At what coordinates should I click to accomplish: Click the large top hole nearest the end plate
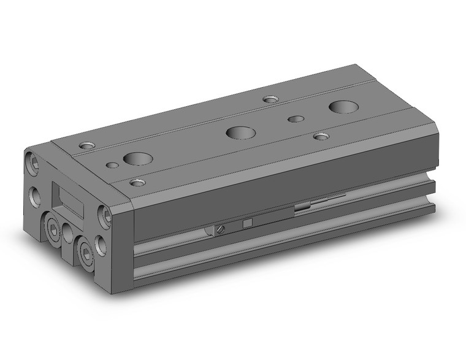137,159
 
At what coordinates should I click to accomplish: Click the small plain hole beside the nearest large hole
112,164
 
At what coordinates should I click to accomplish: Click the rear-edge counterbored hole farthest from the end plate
270,99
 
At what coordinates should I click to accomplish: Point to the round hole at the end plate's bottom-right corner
101,246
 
